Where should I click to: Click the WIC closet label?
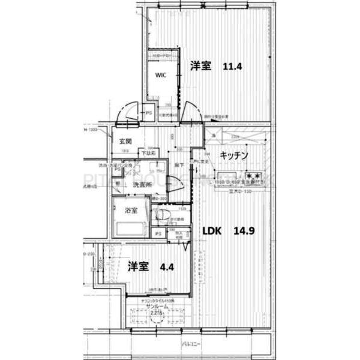pyautogui.click(x=160, y=76)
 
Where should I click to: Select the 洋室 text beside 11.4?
pyautogui.click(x=201, y=66)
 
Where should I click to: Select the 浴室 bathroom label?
pyautogui.click(x=131, y=210)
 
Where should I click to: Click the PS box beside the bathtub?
pyautogui.click(x=158, y=234)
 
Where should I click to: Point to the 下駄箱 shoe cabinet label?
pyautogui.click(x=148, y=154)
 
